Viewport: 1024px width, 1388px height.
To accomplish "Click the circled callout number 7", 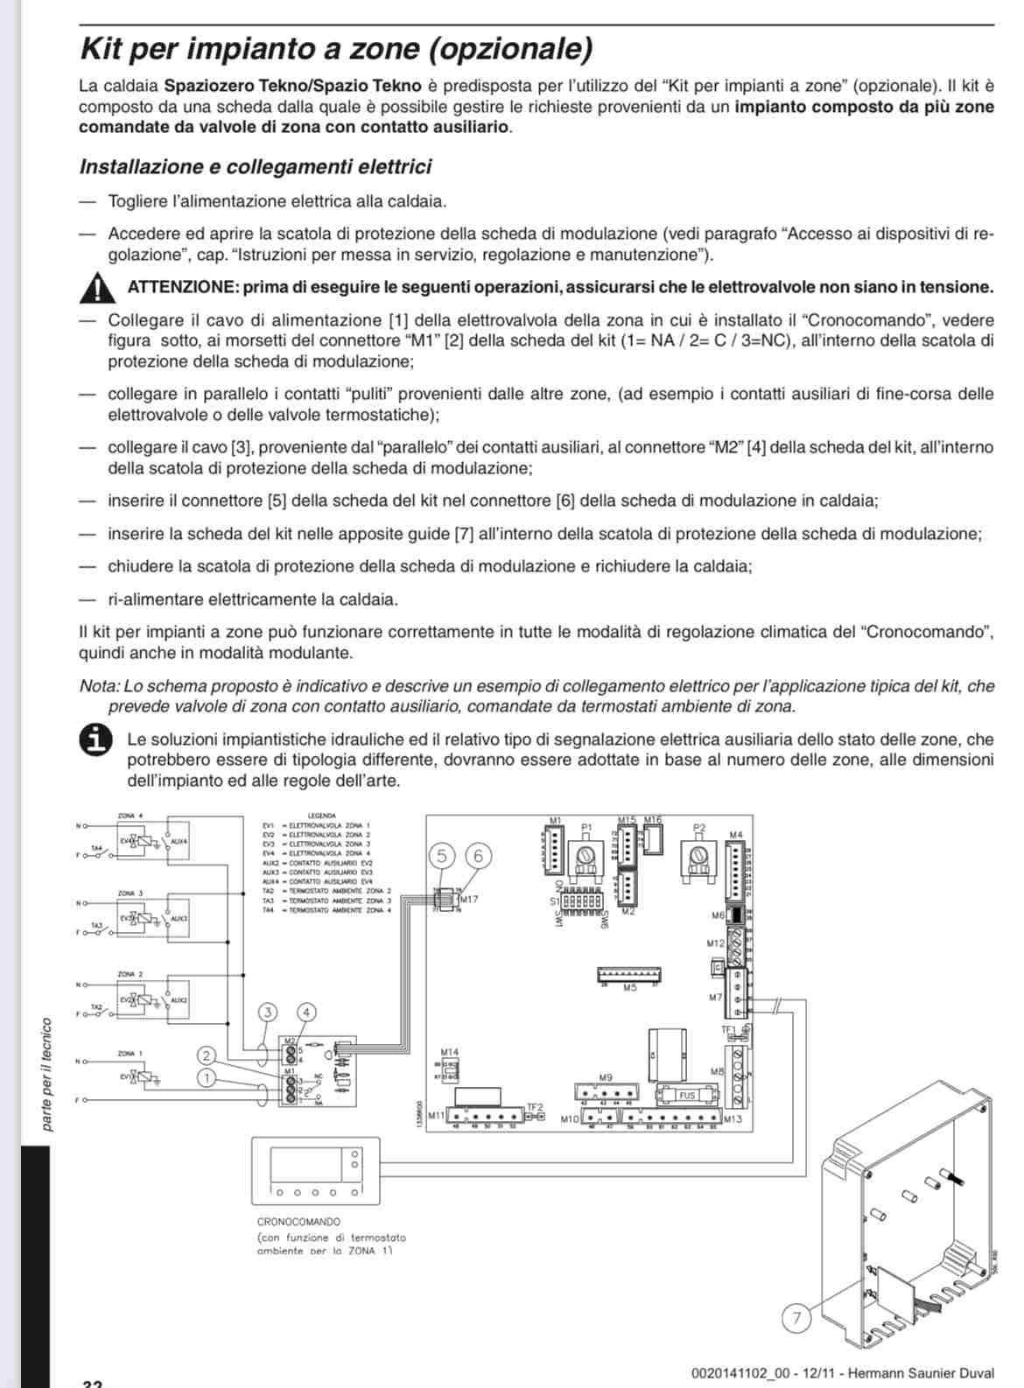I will point(796,1318).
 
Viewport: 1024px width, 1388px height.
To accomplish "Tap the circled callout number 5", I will point(443,856).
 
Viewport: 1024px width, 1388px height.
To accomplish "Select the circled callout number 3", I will point(268,1013).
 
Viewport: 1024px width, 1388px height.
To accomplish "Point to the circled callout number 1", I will point(206,1078).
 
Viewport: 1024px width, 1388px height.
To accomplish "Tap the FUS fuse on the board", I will point(687,1096).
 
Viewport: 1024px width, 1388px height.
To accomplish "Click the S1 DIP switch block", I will point(581,900).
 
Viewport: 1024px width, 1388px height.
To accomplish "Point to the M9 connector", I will point(606,1092).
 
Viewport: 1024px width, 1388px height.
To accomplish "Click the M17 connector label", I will point(469,899).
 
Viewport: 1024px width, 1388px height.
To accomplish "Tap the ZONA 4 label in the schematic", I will point(130,817).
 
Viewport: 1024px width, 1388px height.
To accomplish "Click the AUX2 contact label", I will point(179,999).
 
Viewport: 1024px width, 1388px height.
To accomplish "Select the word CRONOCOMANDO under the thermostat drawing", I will point(298,1222).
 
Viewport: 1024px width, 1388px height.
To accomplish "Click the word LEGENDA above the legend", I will point(322,817).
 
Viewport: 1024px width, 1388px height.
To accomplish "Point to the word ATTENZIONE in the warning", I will point(181,287).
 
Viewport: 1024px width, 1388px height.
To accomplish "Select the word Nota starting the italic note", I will point(97,686).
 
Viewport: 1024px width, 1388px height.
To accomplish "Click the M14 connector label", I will point(449,1052).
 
